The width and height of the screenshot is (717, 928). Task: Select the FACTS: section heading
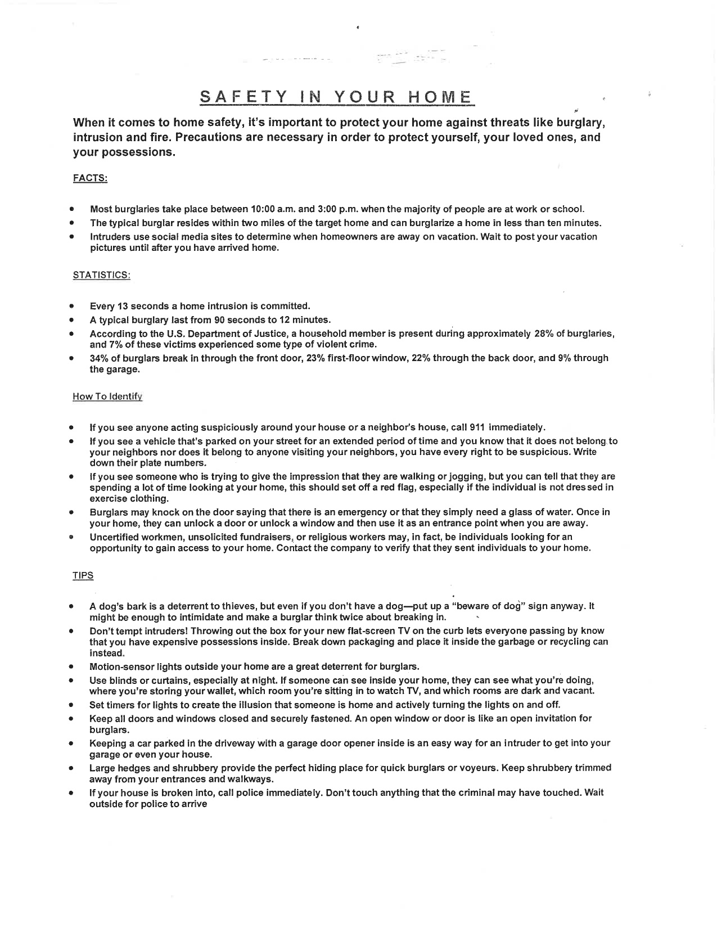[90, 178]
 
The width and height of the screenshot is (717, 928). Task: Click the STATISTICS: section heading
[102, 275]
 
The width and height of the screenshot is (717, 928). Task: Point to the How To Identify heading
[107, 397]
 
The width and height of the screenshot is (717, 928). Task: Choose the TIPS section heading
[83, 575]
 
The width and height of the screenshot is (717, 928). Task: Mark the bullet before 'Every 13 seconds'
[72, 307]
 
